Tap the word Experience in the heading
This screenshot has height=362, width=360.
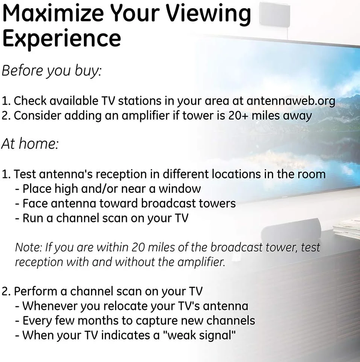pyautogui.click(x=62, y=38)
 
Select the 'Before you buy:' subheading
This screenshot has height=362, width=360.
pyautogui.click(x=52, y=71)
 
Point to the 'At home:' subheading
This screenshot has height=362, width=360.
pyautogui.click(x=30, y=144)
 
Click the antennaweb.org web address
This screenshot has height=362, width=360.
pyautogui.click(x=290, y=101)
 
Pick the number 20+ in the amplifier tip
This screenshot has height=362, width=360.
pyautogui.click(x=238, y=116)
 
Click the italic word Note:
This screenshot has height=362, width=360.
pyautogui.click(x=28, y=247)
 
